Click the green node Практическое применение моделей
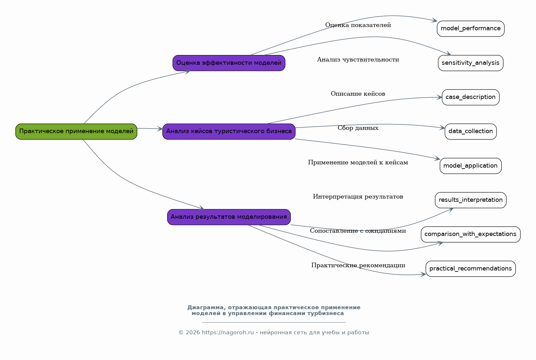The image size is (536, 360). [x=76, y=132]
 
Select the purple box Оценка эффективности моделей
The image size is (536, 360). [x=229, y=63]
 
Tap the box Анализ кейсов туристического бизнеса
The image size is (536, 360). [x=229, y=132]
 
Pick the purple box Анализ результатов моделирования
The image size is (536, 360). [x=229, y=217]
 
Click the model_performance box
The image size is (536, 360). [x=471, y=29]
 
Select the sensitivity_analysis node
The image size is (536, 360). [x=471, y=63]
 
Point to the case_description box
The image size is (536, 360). [x=471, y=97]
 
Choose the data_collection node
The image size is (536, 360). [x=471, y=132]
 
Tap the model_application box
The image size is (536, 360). [x=471, y=166]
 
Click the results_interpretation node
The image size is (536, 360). [x=471, y=200]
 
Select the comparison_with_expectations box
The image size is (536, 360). [x=471, y=234]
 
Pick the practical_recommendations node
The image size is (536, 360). [x=471, y=269]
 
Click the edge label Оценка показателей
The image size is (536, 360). [x=358, y=25]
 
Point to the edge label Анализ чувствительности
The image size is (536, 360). [x=358, y=59]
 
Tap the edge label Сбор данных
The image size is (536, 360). [x=358, y=128]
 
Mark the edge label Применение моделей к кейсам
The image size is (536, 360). [x=358, y=162]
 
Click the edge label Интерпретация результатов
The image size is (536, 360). [x=358, y=197]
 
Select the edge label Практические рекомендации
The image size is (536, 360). [x=358, y=265]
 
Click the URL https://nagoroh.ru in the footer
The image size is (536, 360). [x=228, y=332]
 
